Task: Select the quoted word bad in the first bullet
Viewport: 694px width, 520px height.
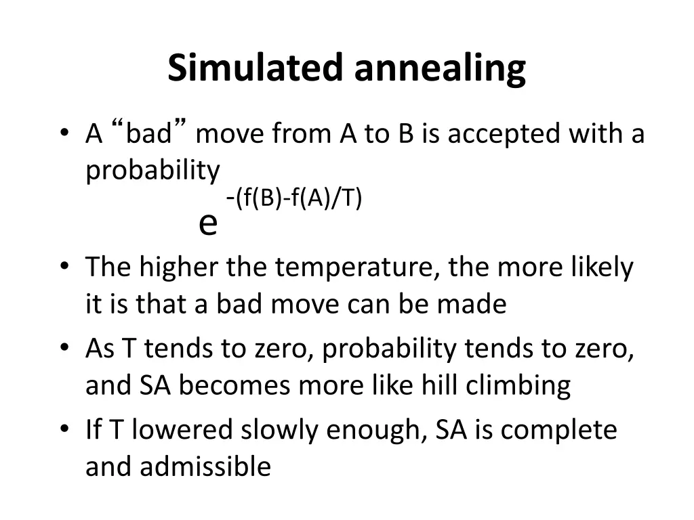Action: [x=149, y=134]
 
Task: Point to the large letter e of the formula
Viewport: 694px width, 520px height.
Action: [x=208, y=223]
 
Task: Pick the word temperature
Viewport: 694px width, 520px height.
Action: [x=357, y=268]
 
